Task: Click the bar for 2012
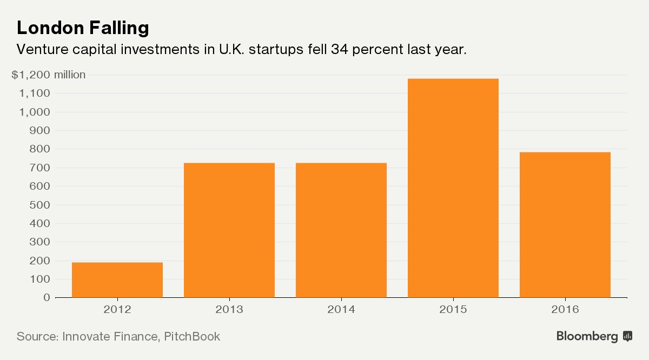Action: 117,280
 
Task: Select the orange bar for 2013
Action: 229,230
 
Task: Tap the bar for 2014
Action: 341,230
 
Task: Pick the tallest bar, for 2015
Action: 453,188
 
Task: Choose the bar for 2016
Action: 565,225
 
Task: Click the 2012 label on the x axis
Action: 117,310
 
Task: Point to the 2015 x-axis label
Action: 453,310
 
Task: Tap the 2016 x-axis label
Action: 565,310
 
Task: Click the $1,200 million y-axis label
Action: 48,75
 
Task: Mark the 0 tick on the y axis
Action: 47,297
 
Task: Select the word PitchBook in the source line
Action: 191,336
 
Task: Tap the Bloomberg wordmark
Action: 587,337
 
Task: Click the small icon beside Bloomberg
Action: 628,336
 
